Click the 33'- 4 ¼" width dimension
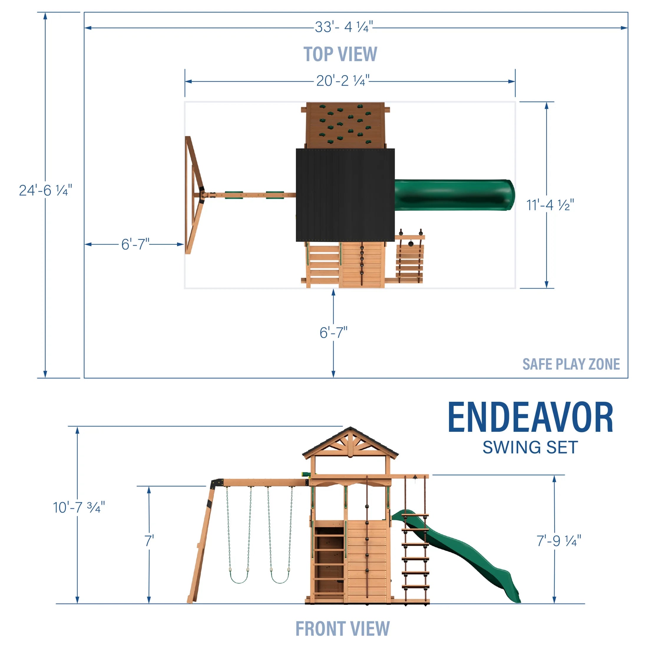(x=343, y=27)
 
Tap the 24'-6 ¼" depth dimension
(x=45, y=191)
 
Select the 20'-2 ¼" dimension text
(x=343, y=81)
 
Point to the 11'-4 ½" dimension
(x=550, y=205)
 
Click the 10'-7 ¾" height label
(x=79, y=508)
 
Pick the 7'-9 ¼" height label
(x=559, y=541)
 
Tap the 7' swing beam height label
(x=149, y=541)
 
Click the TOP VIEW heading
(x=340, y=54)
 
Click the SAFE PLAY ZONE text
(x=571, y=364)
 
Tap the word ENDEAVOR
(x=530, y=418)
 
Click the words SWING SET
(x=530, y=447)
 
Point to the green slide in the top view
(x=454, y=195)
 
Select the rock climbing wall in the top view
(x=345, y=125)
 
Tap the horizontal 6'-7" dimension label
(x=135, y=244)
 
